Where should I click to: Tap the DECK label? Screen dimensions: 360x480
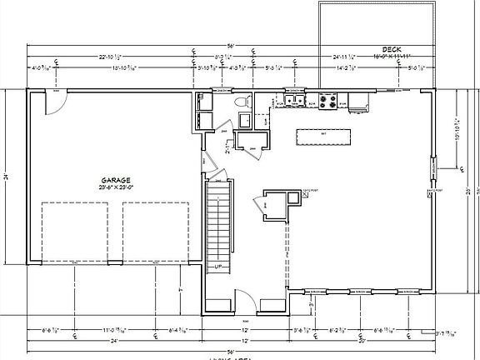[x=391, y=49]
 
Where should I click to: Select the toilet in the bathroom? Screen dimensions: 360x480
[x=242, y=102]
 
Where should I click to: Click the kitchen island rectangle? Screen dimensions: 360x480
[x=323, y=135]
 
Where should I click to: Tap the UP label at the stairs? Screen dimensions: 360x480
[x=217, y=267]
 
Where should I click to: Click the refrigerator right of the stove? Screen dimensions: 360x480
[x=357, y=102]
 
